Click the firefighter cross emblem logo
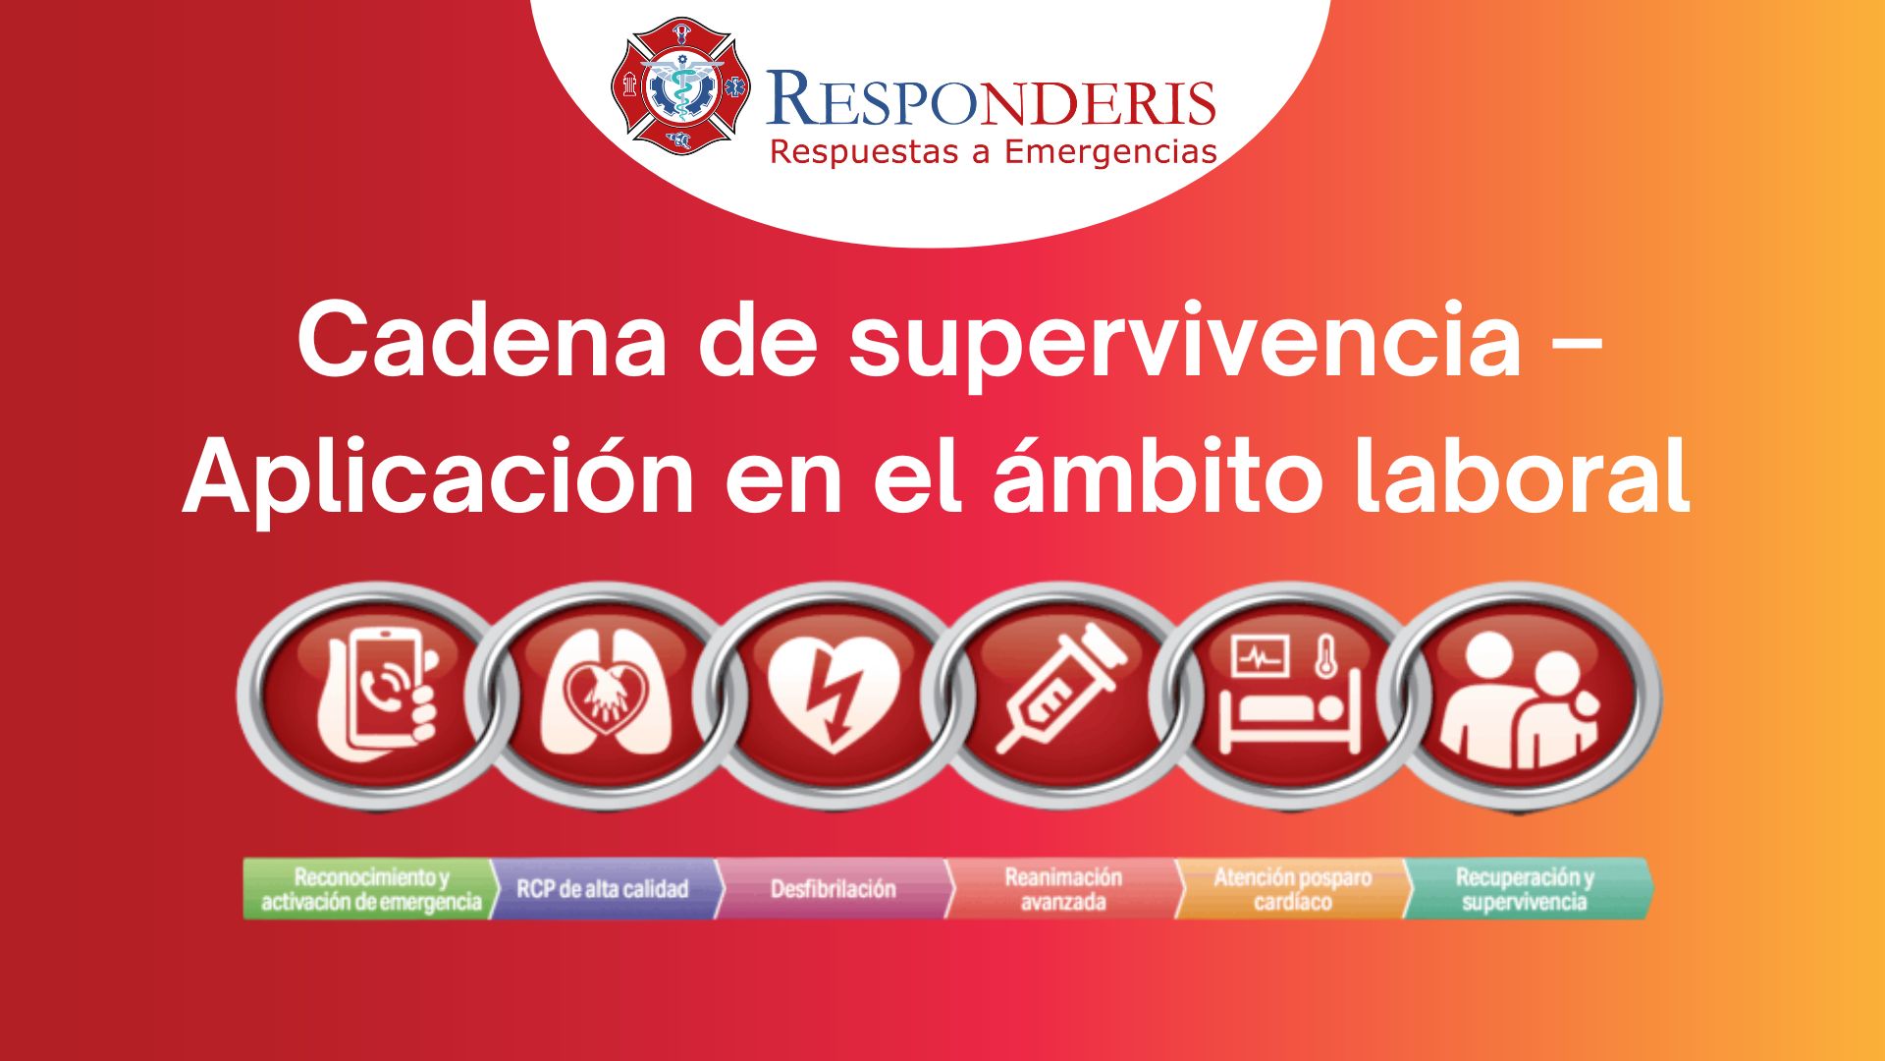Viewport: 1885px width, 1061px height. tap(679, 85)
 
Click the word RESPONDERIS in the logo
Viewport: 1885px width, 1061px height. tap(991, 100)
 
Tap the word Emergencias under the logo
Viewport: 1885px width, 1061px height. tap(1110, 152)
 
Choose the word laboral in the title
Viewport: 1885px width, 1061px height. tap(1522, 475)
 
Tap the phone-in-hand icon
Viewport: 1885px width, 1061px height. tap(377, 695)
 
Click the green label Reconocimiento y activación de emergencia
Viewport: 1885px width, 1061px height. tap(371, 889)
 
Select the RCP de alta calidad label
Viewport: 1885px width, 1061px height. tap(604, 889)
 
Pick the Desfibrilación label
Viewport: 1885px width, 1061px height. tap(834, 889)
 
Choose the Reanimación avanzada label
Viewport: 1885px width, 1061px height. tap(1063, 889)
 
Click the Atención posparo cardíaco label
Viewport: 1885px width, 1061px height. tap(1293, 889)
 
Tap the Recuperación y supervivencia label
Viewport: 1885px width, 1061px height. tap(1525, 889)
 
